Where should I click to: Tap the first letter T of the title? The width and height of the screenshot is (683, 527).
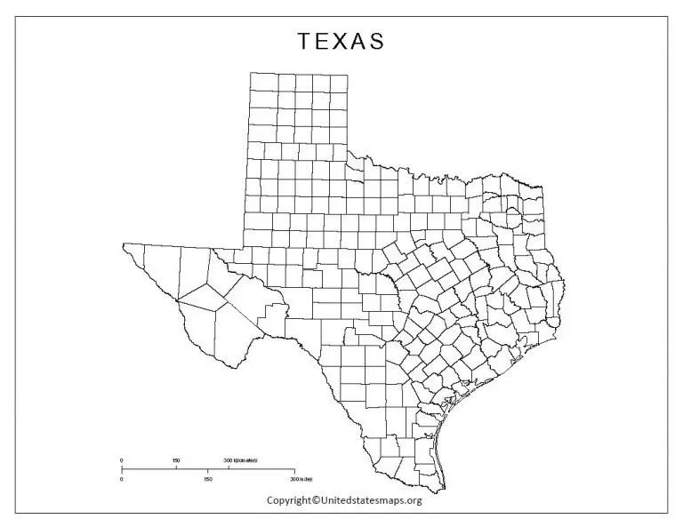pos(303,42)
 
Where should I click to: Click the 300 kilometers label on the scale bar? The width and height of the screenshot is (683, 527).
pos(242,459)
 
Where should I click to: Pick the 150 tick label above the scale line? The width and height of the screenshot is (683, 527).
pos(176,459)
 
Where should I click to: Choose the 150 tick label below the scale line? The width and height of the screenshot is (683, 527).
pos(208,480)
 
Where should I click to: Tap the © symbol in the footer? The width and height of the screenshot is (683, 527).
pos(316,500)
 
